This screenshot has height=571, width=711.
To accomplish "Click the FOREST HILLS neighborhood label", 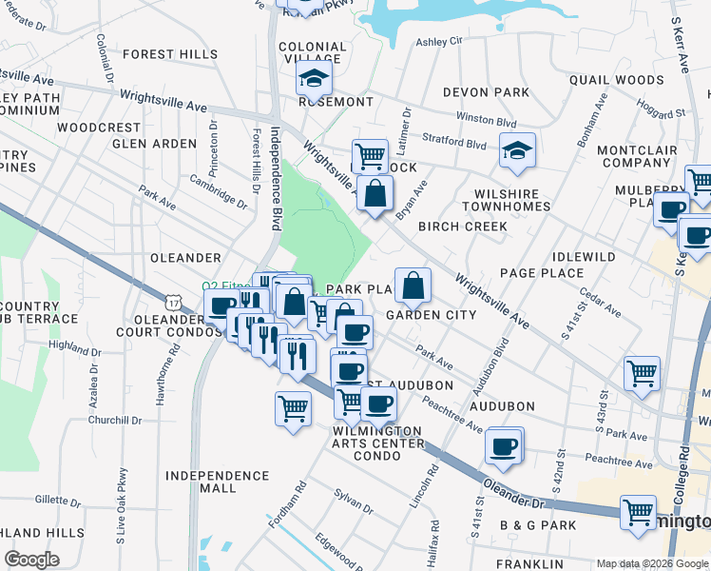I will tap(170, 55).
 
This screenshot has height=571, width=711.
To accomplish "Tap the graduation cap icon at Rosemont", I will tap(313, 78).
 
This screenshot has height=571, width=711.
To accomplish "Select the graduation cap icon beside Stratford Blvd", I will tap(517, 150).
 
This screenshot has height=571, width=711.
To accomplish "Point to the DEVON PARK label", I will tap(485, 92).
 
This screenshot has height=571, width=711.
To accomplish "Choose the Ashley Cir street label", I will tap(438, 42).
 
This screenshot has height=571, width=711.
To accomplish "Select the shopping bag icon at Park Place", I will tap(413, 285).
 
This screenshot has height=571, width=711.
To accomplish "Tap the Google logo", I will tap(31, 560).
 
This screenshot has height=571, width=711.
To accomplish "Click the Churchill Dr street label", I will tap(114, 420).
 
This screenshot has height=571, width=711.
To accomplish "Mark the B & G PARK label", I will tap(538, 525).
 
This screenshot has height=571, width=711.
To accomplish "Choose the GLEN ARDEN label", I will tap(154, 144).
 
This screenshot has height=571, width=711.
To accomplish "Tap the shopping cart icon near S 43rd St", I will tap(642, 373).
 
